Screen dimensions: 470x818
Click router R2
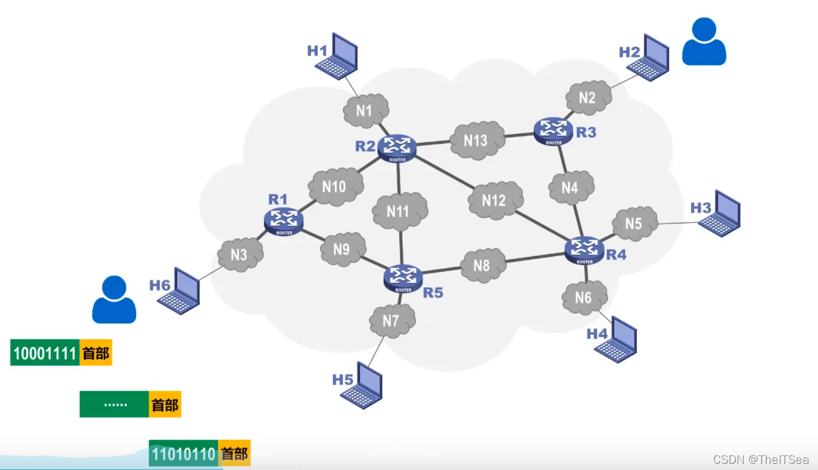[397, 147]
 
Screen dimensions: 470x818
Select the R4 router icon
[585, 249]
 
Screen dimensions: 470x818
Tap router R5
[403, 277]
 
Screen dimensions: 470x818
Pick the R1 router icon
[284, 221]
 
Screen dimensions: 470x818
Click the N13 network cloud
[476, 140]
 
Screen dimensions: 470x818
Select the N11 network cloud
[398, 211]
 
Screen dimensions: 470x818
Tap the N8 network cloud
[482, 266]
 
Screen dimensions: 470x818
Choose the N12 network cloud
[494, 200]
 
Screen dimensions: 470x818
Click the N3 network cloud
[239, 255]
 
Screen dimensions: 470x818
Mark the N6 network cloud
[584, 297]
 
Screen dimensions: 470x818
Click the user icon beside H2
[704, 42]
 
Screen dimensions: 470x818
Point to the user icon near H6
[114, 300]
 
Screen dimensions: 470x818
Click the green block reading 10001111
[45, 353]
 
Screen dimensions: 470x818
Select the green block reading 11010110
[183, 454]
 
